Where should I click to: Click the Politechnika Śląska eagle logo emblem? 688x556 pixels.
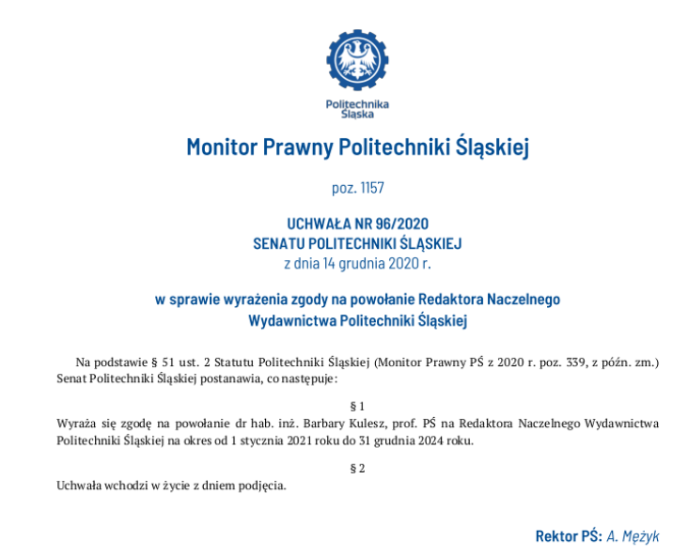[x=356, y=61]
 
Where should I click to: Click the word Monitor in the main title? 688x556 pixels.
[x=220, y=147]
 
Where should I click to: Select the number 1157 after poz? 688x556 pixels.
[x=371, y=189]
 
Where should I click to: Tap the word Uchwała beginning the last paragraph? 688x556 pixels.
[x=79, y=486]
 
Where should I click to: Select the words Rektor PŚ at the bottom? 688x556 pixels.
[x=568, y=536]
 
